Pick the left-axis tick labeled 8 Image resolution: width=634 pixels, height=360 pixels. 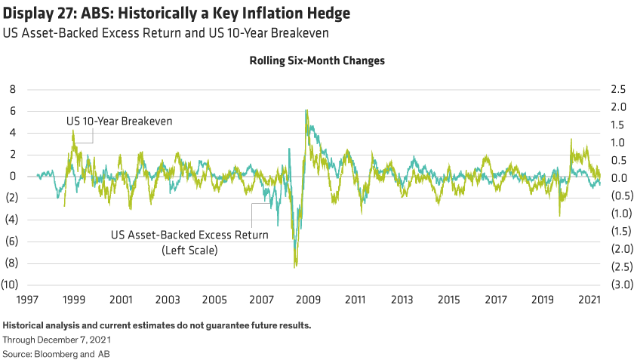pyautogui.click(x=12, y=89)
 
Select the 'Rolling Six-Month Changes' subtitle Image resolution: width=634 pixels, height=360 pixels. pyautogui.click(x=317, y=61)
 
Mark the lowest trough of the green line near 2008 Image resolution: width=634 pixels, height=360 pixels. pyautogui.click(x=295, y=266)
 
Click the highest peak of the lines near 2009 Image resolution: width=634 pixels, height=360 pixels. pyautogui.click(x=306, y=110)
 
